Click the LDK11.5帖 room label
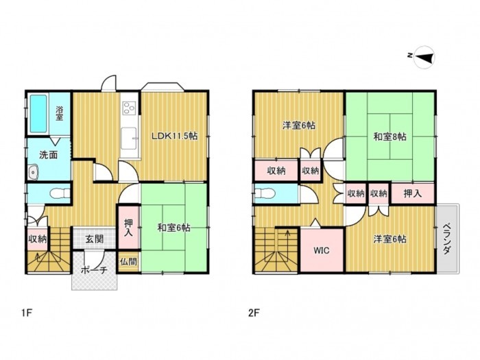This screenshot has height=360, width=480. pyautogui.click(x=175, y=136)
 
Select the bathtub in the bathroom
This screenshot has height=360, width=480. pyautogui.click(x=38, y=115)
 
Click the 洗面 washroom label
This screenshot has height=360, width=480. pyautogui.click(x=48, y=155)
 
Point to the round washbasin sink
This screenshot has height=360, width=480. pyautogui.click(x=33, y=171)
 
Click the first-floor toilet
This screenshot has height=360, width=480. pyautogui.click(x=58, y=193)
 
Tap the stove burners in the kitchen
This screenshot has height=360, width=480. pyautogui.click(x=128, y=108)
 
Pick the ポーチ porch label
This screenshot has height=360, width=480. pyautogui.click(x=94, y=270)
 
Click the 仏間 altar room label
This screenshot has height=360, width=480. pyautogui.click(x=128, y=261)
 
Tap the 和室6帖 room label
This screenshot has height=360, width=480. pyautogui.click(x=173, y=228)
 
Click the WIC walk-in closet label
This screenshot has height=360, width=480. pyautogui.click(x=322, y=250)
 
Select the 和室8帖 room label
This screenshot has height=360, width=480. pyautogui.click(x=390, y=136)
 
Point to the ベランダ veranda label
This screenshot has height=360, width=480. pyautogui.click(x=446, y=239)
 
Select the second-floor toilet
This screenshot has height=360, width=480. pyautogui.click(x=269, y=193)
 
